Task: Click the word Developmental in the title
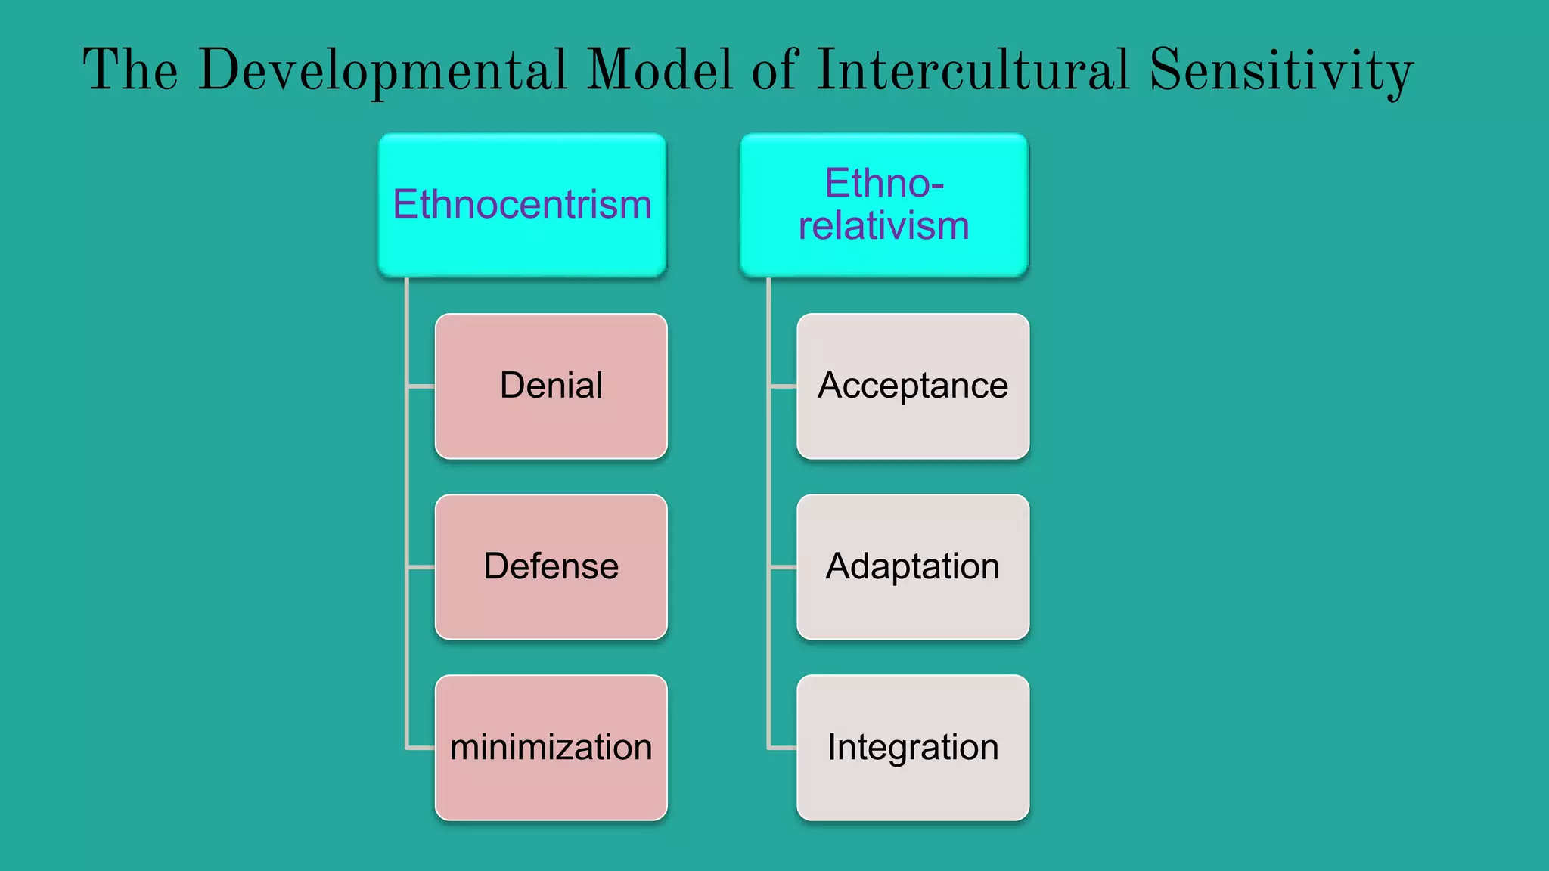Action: point(382,70)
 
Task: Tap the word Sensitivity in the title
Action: point(1280,70)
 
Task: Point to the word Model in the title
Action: point(659,70)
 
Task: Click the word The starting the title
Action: point(130,70)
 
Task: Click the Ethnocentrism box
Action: point(522,205)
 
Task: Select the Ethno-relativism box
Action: point(883,205)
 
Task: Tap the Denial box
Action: point(551,386)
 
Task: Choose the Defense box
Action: point(551,566)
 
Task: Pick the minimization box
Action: point(551,747)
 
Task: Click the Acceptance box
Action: point(912,386)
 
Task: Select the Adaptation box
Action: point(912,566)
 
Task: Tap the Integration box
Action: point(912,747)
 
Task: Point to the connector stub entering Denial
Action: point(421,386)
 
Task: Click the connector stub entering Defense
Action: point(421,566)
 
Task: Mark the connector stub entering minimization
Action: point(421,748)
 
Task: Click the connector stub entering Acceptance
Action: point(783,386)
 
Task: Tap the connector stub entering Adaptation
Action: point(783,566)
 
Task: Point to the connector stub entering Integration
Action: point(783,748)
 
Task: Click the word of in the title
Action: point(774,70)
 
